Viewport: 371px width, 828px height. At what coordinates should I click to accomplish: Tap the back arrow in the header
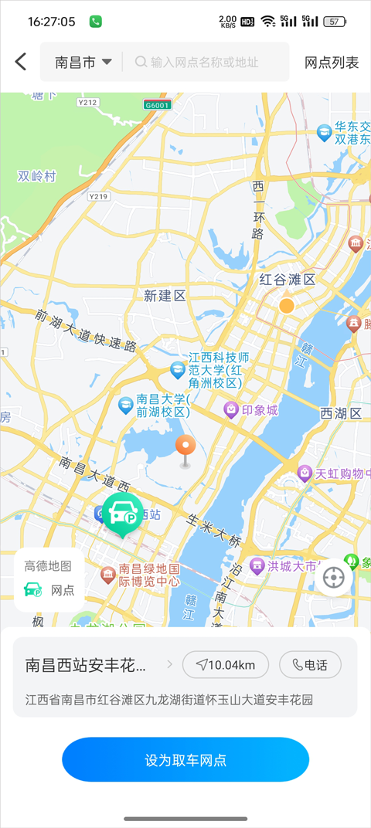(21, 62)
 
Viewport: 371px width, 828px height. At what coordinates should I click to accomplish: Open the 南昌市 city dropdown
(83, 63)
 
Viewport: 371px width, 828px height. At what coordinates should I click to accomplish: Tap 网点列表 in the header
(332, 63)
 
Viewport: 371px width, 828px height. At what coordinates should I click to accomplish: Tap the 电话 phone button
(309, 664)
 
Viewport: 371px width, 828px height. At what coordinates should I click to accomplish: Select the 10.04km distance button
(225, 664)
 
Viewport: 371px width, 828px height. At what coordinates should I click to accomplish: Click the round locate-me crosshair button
(334, 577)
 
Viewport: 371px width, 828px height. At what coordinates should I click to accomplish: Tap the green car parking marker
(122, 514)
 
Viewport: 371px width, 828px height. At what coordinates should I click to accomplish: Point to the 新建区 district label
(165, 296)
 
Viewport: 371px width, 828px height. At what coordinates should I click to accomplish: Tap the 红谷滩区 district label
(287, 279)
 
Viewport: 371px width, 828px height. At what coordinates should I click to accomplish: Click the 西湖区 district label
(341, 413)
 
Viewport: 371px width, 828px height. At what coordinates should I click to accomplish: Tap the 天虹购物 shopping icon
(305, 473)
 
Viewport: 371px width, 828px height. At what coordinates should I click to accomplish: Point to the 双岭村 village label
(37, 176)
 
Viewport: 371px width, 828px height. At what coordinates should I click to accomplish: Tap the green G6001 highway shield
(157, 104)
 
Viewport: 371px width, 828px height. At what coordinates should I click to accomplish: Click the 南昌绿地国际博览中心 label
(148, 575)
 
